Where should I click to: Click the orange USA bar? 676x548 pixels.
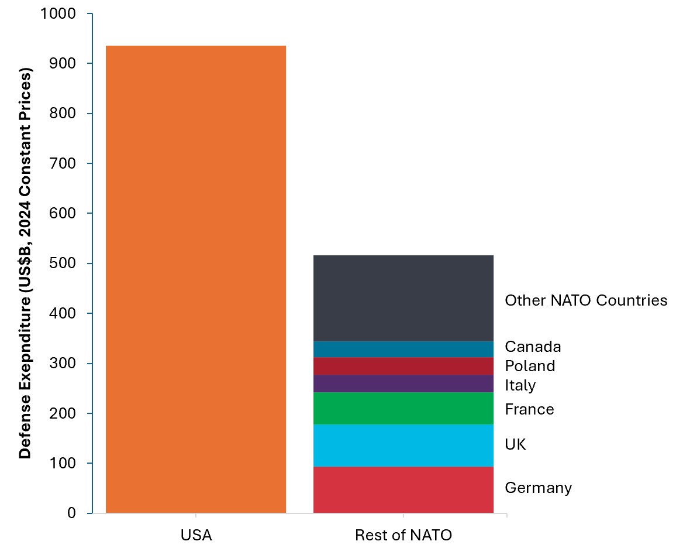[x=195, y=279]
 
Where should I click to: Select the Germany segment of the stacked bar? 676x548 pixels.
[x=403, y=489]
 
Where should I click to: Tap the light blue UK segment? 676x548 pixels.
[x=403, y=445]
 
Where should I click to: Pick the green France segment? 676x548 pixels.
[x=403, y=408]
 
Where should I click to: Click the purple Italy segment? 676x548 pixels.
[x=403, y=383]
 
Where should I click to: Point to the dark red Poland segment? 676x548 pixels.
[x=403, y=366]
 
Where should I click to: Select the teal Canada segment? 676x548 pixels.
[x=403, y=349]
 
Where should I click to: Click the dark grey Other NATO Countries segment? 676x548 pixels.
[x=403, y=298]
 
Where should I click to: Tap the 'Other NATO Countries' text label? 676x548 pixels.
[x=585, y=300]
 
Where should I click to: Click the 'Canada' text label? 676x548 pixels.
[x=533, y=347]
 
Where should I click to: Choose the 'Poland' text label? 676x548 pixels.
[x=530, y=366]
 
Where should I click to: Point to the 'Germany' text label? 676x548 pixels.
[x=538, y=488]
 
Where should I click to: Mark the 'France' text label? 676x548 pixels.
[x=529, y=409]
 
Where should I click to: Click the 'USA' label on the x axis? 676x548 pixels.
[x=196, y=535]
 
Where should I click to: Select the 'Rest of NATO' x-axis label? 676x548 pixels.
[x=403, y=535]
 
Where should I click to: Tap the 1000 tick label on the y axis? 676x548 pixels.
[x=60, y=13]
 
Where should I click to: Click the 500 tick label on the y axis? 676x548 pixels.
[x=64, y=263]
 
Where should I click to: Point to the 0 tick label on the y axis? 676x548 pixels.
[x=71, y=513]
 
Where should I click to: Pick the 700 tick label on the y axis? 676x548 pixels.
[x=64, y=163]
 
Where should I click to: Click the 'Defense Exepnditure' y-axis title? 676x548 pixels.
[x=25, y=263]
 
